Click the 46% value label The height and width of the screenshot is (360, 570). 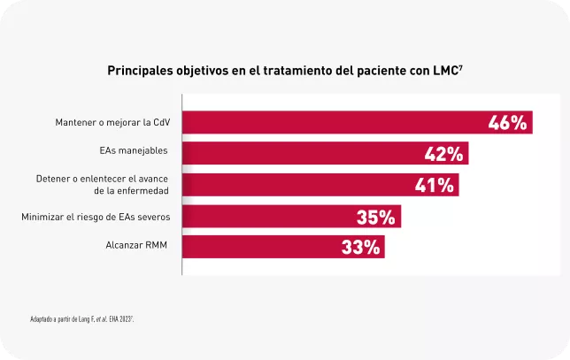coord(508,123)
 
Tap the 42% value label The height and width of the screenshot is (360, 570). coord(444,154)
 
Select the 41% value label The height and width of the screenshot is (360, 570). coord(435,185)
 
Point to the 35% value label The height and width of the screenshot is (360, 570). coord(377,217)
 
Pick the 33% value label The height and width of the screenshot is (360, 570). coord(361,248)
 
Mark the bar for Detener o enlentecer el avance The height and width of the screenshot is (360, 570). coord(292,185)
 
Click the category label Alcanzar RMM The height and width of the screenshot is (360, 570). coord(136,244)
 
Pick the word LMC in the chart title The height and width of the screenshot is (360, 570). coord(441,69)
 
